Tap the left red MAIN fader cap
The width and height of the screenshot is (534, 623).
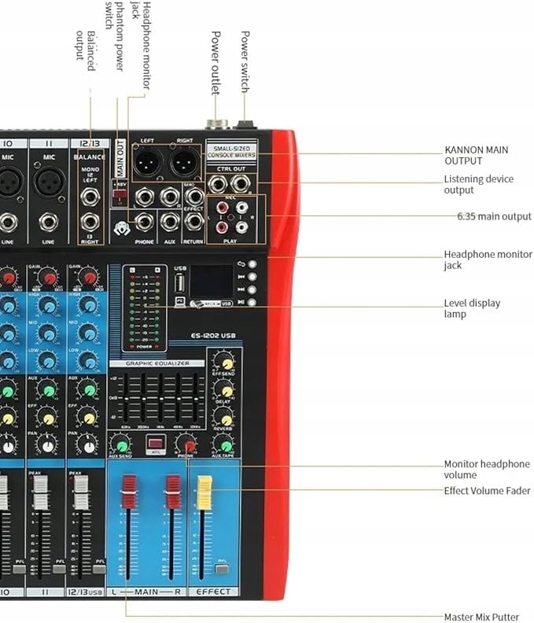[129, 491]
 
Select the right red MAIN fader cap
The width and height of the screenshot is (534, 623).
[173, 492]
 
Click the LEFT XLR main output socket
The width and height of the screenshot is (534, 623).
[147, 163]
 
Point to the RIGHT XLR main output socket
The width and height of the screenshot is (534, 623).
[184, 163]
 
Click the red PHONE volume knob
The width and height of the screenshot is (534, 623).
[187, 444]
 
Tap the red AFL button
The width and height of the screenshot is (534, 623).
[155, 444]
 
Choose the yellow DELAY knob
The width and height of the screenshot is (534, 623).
[224, 389]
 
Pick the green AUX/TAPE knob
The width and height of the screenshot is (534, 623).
[224, 444]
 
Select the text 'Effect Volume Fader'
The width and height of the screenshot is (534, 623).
[487, 491]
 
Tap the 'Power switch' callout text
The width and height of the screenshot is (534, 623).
[245, 64]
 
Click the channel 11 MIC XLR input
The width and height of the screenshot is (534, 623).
[50, 182]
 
